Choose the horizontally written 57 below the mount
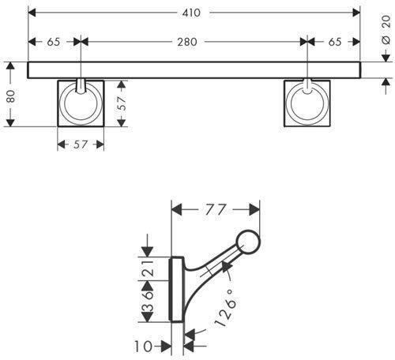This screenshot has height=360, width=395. (x=81, y=144)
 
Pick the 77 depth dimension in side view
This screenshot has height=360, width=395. (x=216, y=210)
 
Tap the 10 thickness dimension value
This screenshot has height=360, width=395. (x=142, y=345)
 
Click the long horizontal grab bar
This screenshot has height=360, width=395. (x=194, y=69)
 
